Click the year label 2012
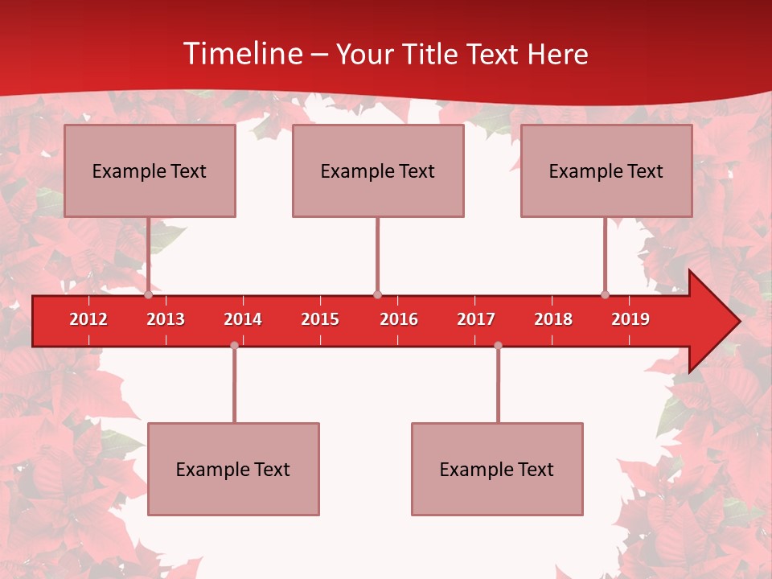tap(88, 319)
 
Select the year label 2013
tap(166, 319)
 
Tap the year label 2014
tap(243, 319)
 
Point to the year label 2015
tap(320, 319)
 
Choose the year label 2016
tap(399, 319)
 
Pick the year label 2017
tap(476, 319)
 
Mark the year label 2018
tap(553, 319)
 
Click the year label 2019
tap(630, 319)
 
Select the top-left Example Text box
tap(150, 170)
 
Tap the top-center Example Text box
tap(378, 170)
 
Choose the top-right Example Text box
tap(606, 170)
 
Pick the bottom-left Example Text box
tap(233, 469)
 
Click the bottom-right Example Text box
tap(497, 469)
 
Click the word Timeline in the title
tap(241, 54)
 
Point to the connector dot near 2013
tap(148, 294)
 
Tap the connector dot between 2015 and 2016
tap(377, 294)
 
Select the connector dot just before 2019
tap(605, 294)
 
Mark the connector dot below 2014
tap(234, 346)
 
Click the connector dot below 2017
tap(498, 346)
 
